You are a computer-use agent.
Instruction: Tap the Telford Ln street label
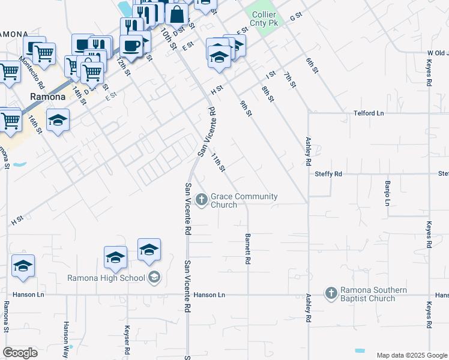[x=369, y=113]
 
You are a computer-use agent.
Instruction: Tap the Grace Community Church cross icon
[x=202, y=199]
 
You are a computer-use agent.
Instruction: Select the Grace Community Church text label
[x=244, y=200]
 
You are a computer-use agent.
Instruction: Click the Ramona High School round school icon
[x=154, y=277]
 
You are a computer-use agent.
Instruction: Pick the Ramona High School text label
[x=106, y=278]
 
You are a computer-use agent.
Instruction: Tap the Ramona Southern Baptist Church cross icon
[x=330, y=293]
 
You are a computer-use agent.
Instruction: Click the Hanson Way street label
[x=66, y=334]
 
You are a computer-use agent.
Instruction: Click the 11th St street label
[x=217, y=162]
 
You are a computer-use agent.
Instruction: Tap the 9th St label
[x=246, y=108]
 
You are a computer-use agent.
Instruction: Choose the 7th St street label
[x=291, y=79]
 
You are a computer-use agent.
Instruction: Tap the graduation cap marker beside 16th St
[x=58, y=120]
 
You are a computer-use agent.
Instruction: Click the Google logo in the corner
[x=20, y=353]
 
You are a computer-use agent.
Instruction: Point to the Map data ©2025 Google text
[x=411, y=355]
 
